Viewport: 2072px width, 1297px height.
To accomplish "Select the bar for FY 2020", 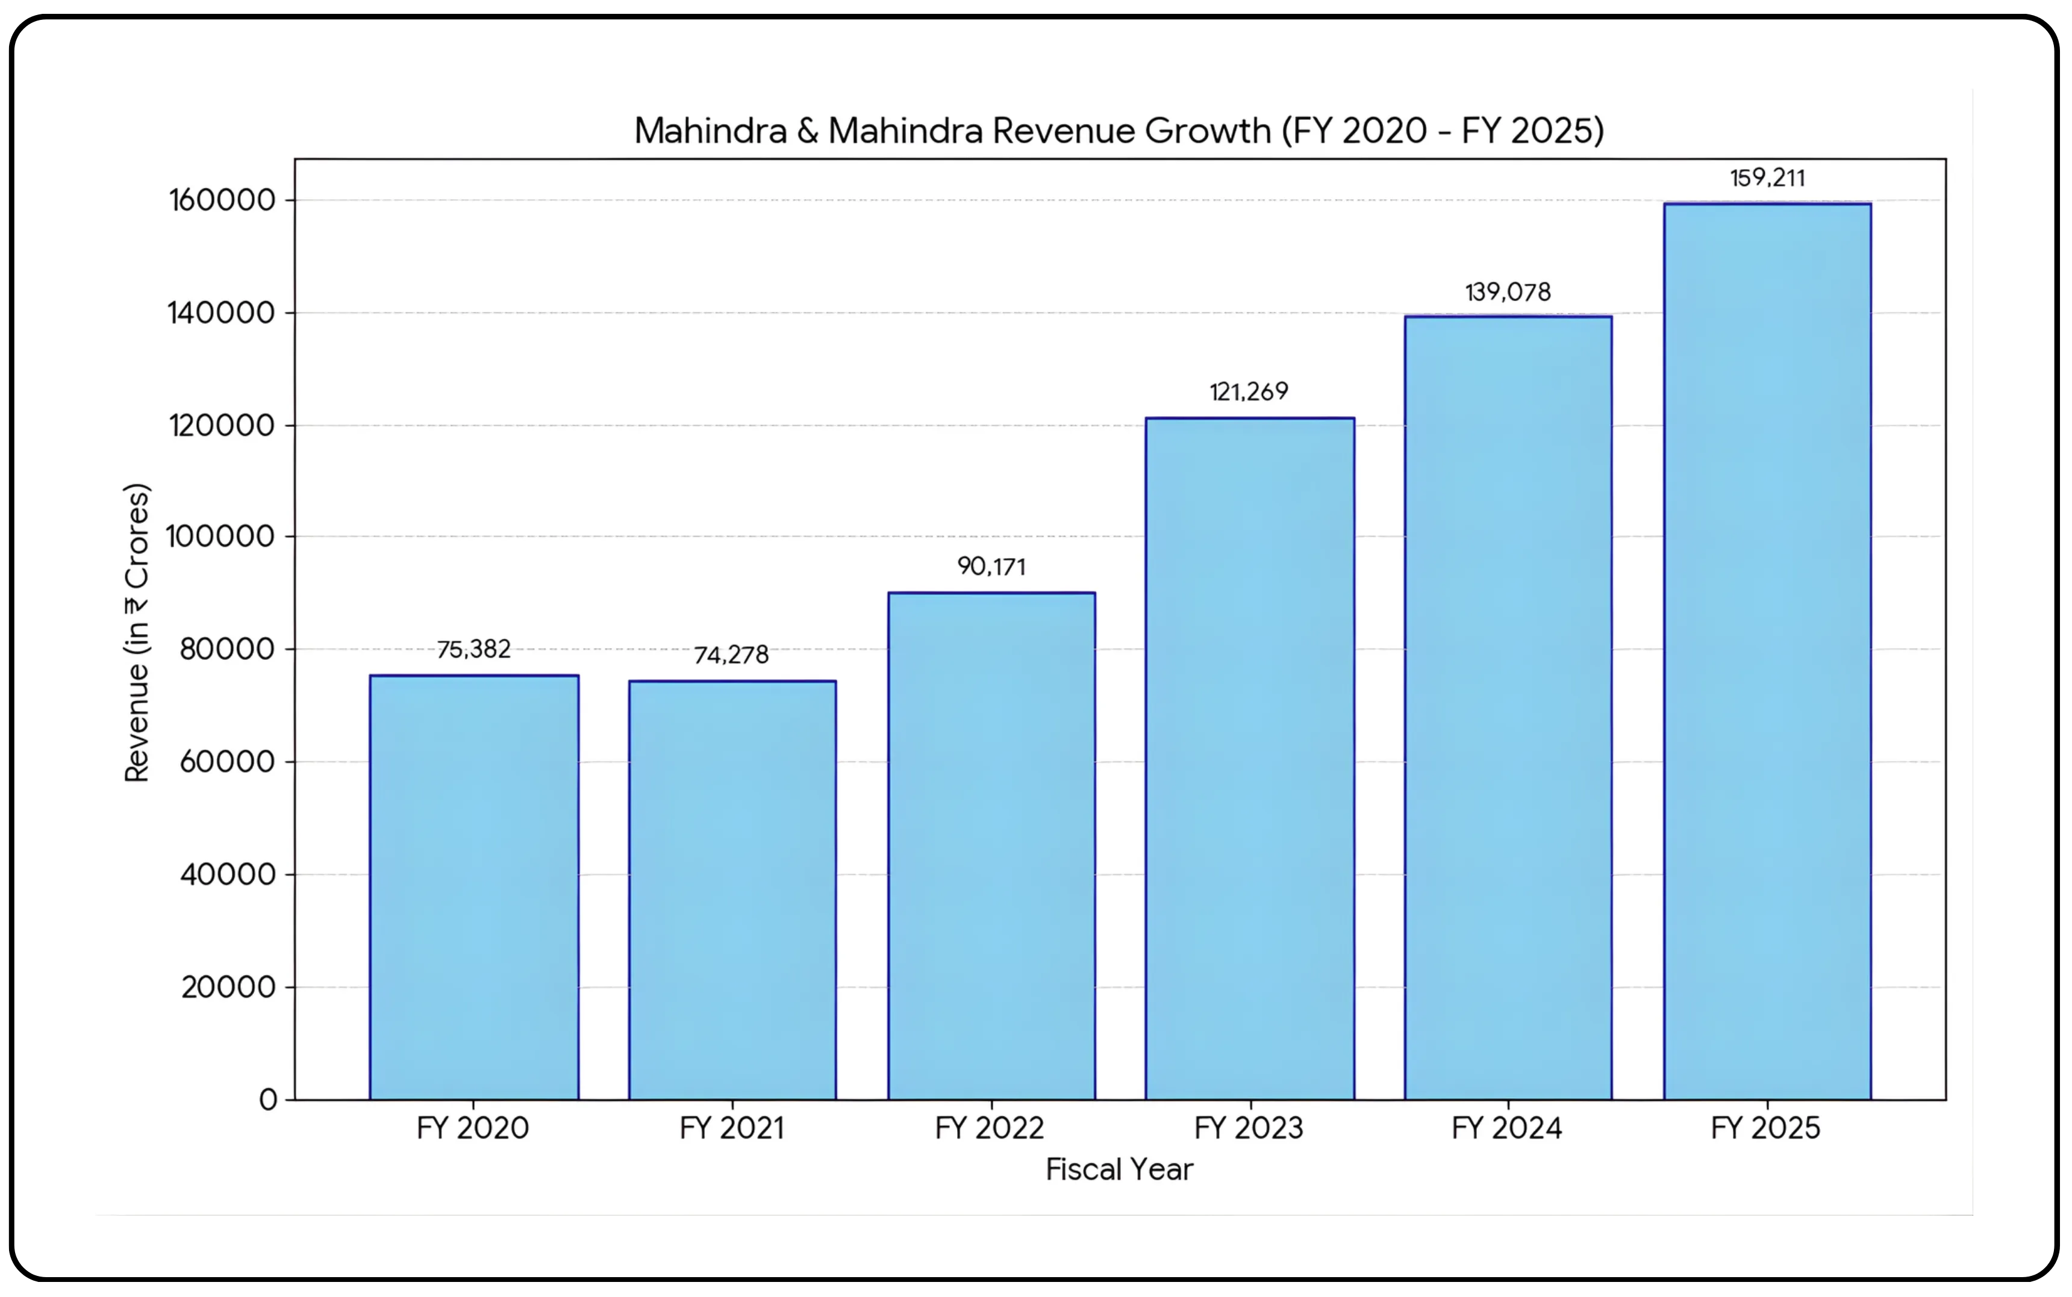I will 473,888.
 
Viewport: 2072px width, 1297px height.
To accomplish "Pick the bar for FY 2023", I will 1249,759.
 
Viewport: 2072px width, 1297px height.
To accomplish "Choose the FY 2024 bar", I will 1508,708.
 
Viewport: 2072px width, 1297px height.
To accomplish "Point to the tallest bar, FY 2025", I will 1767,652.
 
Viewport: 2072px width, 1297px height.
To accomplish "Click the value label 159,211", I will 1767,178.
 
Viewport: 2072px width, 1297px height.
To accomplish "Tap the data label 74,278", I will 731,655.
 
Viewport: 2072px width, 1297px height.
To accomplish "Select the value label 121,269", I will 1249,392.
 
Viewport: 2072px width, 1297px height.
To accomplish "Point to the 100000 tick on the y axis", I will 220,537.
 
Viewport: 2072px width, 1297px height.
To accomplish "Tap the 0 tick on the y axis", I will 269,1099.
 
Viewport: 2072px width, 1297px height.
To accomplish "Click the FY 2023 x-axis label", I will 1249,1128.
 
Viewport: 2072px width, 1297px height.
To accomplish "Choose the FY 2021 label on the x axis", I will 732,1128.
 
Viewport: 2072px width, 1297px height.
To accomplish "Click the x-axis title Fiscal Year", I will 1119,1170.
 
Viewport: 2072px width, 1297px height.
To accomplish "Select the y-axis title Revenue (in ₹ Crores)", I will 137,633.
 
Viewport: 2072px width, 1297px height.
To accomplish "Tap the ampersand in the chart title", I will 807,131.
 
